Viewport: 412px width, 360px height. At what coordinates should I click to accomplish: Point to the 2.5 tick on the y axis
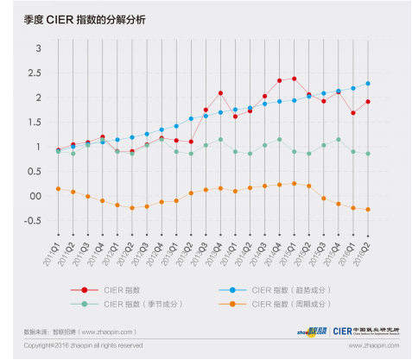tap(37, 73)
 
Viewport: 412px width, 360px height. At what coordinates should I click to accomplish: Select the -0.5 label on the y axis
tap(33, 221)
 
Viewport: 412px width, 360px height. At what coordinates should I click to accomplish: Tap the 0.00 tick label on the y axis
tap(35, 196)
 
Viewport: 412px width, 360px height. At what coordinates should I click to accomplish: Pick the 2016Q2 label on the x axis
tap(367, 251)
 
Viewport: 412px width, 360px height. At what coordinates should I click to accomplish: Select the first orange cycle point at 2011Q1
tap(58, 188)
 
